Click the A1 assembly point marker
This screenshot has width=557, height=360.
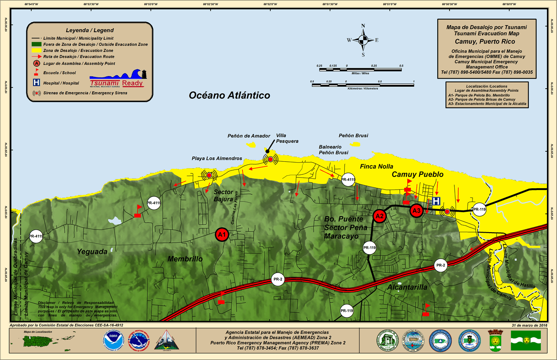(222, 234)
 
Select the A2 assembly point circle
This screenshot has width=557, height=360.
(379, 216)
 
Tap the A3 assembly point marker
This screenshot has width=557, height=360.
(416, 210)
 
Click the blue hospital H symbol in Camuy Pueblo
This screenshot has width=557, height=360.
(436, 201)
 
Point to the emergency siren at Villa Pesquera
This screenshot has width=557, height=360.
(270, 160)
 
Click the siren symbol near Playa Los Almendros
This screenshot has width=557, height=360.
(209, 175)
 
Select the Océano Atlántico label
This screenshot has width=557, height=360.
(229, 95)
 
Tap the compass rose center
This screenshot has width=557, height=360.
(363, 40)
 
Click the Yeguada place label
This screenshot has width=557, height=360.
(92, 251)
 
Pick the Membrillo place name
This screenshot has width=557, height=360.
(185, 259)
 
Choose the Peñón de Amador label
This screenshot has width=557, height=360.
(249, 136)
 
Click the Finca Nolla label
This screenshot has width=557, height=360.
(376, 167)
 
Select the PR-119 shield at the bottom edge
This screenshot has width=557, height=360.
(347, 310)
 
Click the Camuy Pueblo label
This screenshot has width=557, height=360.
(417, 174)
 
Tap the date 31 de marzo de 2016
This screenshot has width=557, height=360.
(528, 325)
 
